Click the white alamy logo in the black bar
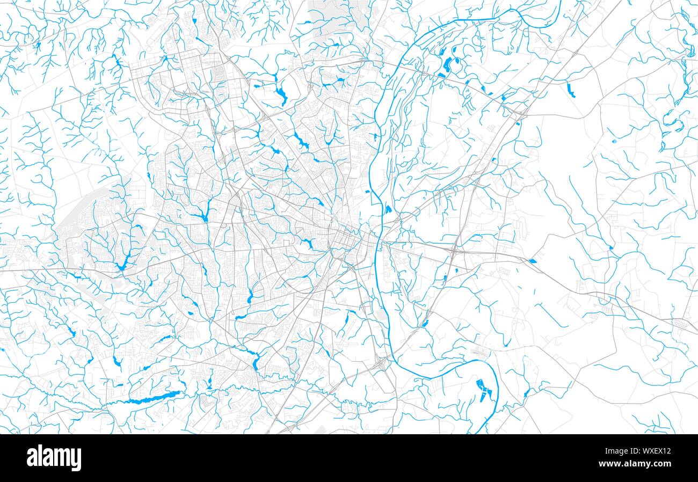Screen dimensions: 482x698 54,458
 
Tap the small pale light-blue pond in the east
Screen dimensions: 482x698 614,142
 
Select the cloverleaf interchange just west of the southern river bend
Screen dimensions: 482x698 383,364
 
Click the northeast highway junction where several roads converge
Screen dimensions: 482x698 520,113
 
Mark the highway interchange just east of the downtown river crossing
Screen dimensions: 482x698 454,249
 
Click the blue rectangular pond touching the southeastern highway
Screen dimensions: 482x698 532,261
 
